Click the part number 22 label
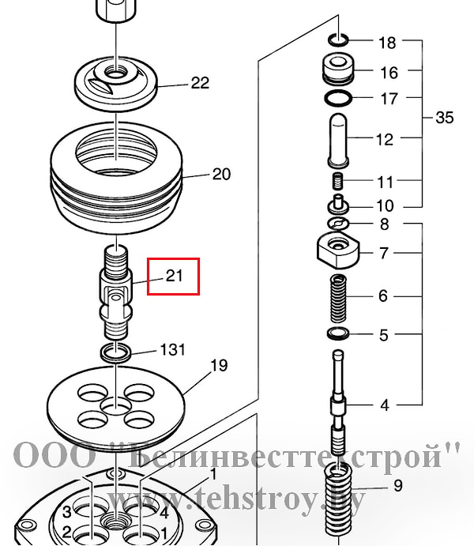coord(200,83)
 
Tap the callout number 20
coord(222,174)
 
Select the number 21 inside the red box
coord(175,276)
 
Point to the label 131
coord(172,349)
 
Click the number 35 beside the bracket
coord(445,118)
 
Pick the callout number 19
coord(220,366)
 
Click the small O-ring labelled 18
coord(338,40)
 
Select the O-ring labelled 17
coord(338,98)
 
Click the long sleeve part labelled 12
coord(338,140)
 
